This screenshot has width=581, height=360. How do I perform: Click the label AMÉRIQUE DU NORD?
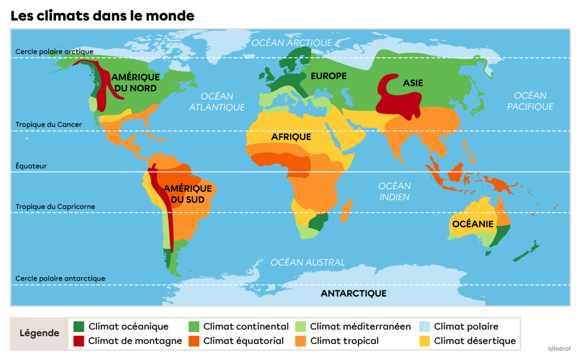135,82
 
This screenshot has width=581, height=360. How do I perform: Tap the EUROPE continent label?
328,76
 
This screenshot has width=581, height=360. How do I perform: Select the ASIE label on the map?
413,83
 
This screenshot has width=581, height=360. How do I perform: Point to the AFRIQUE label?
290,137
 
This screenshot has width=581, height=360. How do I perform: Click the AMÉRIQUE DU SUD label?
187,194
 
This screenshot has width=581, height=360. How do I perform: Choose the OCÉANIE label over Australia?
473,224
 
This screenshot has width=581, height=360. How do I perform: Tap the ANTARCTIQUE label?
353,293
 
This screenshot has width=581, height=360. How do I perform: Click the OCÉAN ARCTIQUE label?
291,43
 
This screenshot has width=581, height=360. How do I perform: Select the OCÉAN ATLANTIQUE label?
216,102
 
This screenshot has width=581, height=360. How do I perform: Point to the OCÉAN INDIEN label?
394,191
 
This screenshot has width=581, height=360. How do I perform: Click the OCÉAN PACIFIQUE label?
530,101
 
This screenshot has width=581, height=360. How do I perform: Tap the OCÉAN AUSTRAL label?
307,262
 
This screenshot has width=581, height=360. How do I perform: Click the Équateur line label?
31,166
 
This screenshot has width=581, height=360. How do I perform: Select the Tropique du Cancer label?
48,124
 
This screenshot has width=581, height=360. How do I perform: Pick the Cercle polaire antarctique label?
60,278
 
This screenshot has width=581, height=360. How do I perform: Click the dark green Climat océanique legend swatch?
78,327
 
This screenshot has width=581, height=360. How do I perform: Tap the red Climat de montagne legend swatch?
78,341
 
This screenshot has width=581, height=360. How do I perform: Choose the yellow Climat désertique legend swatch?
424,341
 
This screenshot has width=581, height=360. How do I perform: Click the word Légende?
39,333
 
